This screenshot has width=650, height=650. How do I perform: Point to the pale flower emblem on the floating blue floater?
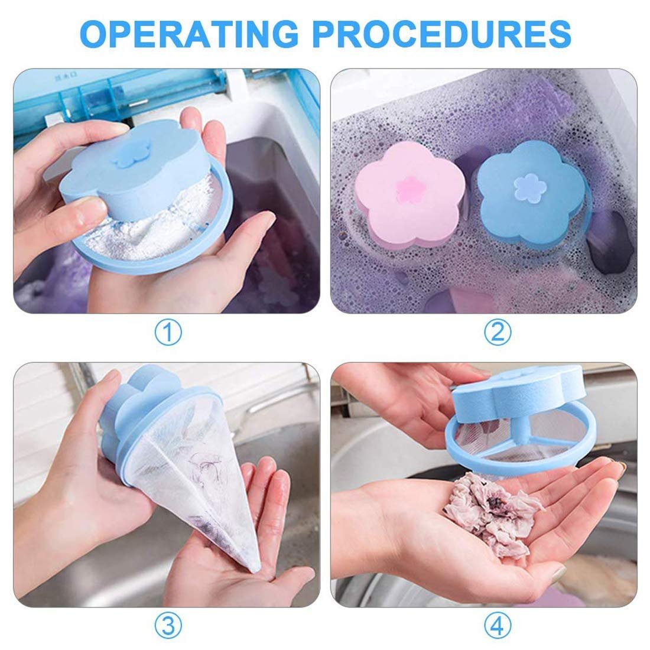524,184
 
